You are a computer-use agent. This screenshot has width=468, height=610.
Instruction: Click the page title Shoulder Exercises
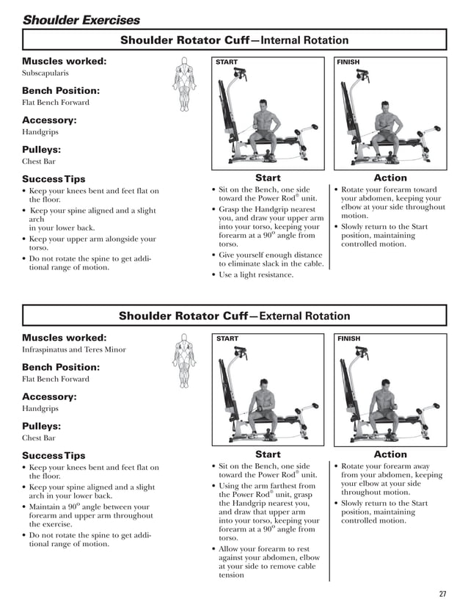[81, 20]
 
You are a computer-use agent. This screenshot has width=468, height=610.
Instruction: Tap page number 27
[442, 594]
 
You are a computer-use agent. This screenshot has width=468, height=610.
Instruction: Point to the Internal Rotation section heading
[234, 40]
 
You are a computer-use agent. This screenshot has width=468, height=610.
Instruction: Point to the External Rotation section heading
[234, 316]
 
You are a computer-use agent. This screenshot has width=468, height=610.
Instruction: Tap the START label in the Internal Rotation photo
[227, 62]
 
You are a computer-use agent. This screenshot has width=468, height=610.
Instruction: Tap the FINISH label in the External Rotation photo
[348, 339]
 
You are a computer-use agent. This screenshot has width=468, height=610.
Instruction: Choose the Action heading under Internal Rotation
[390, 178]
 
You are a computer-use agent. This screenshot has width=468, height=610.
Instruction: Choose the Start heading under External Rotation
[268, 454]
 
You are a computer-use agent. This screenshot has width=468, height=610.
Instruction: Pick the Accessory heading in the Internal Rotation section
[49, 120]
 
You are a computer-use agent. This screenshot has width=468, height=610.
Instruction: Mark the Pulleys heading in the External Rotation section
[41, 426]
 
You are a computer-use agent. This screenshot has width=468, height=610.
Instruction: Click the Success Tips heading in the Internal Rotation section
[54, 179]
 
